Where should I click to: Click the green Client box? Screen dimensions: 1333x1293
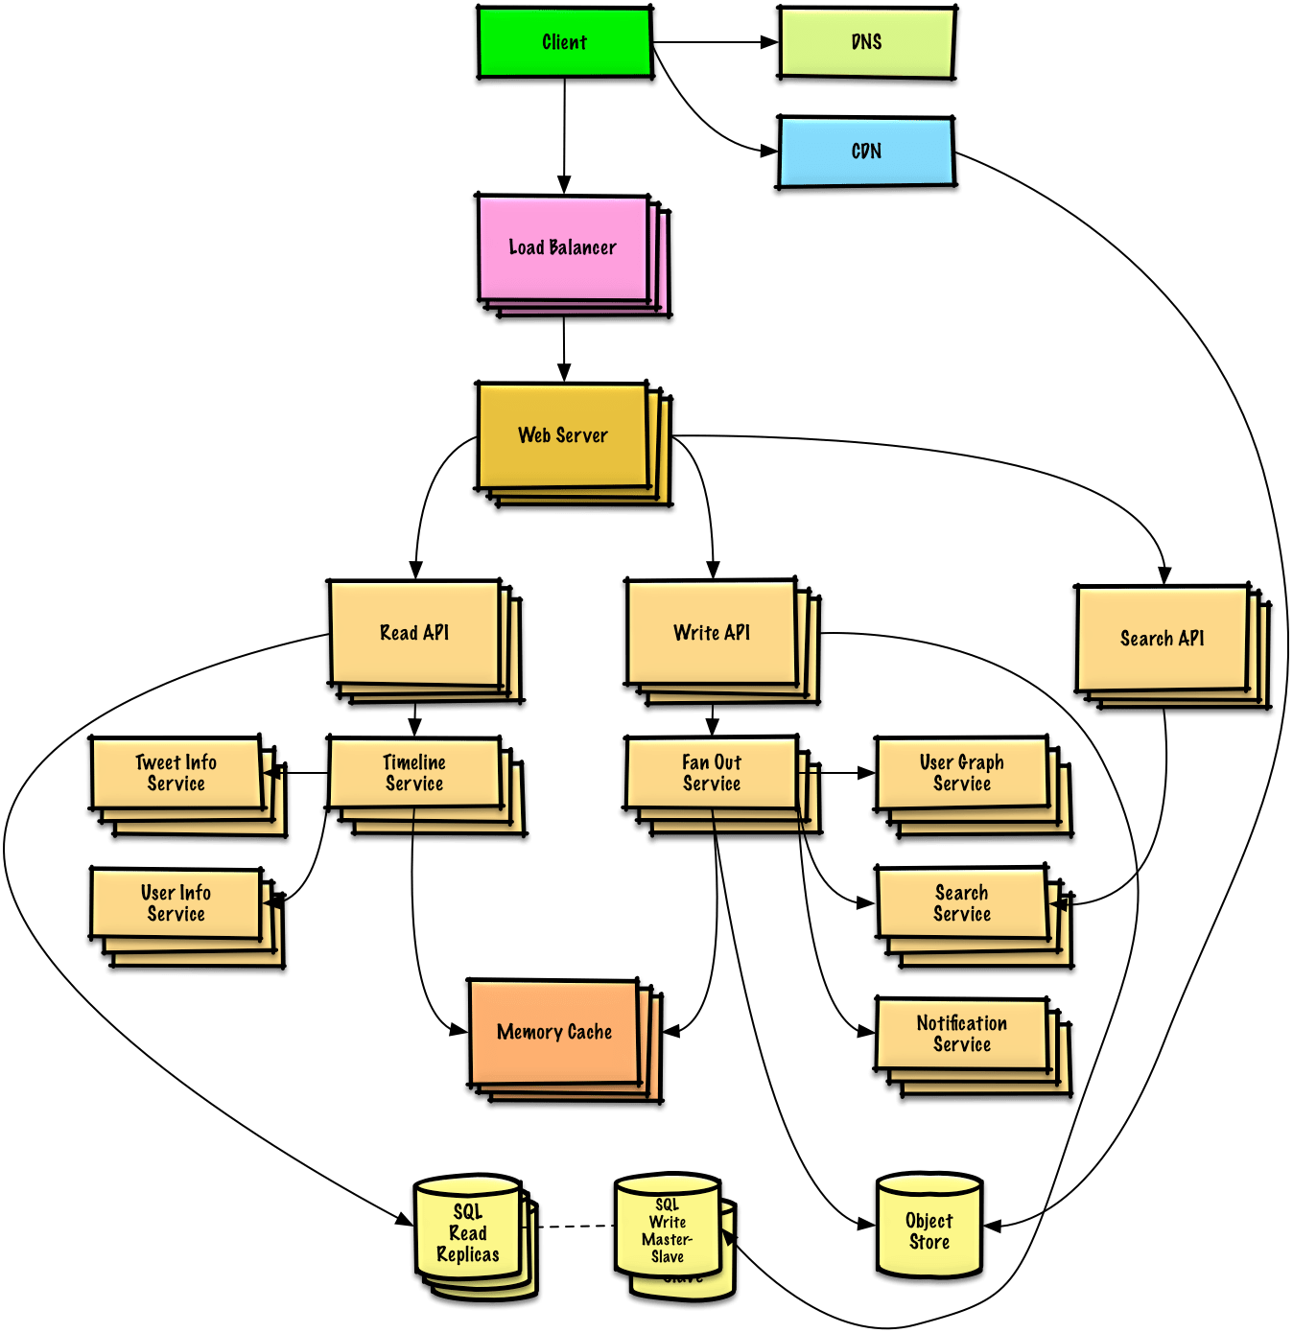(x=565, y=43)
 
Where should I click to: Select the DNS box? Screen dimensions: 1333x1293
(x=866, y=43)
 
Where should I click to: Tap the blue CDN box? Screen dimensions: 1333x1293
(x=866, y=152)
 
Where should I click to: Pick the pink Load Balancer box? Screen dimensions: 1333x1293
(x=563, y=248)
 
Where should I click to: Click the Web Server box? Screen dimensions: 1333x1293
(x=563, y=436)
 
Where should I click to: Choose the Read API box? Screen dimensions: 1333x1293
(x=414, y=633)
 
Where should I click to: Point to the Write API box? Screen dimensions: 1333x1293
(x=712, y=633)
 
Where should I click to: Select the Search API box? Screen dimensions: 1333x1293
(x=1162, y=639)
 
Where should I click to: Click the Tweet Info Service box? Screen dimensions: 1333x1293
(x=176, y=774)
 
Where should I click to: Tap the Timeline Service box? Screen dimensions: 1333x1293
(x=414, y=774)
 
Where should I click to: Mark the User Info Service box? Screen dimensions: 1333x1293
(x=176, y=904)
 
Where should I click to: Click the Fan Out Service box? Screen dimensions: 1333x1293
(x=712, y=774)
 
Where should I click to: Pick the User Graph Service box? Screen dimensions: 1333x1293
(x=962, y=774)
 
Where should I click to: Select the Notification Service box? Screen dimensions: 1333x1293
(x=962, y=1035)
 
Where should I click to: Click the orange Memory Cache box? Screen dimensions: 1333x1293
(x=554, y=1033)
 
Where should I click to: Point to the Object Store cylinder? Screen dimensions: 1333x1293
(x=929, y=1231)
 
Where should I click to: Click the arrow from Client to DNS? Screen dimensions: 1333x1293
(x=715, y=42)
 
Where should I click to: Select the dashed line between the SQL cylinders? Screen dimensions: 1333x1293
(x=574, y=1226)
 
